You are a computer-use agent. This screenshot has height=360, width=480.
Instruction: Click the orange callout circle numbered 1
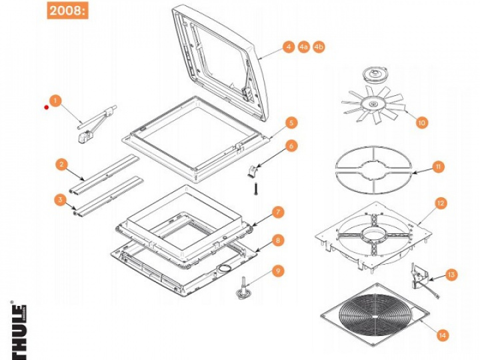click(x=55, y=101)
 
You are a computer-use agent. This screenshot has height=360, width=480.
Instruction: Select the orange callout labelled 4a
click(x=303, y=47)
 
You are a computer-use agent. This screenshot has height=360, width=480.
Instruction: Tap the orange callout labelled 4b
click(x=319, y=47)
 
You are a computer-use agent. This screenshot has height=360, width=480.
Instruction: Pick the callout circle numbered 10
click(x=421, y=123)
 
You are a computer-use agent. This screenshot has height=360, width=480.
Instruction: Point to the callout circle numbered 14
click(x=443, y=335)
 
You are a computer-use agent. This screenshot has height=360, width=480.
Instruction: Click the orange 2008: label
click(x=67, y=11)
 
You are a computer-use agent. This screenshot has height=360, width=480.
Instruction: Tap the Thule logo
click(x=19, y=331)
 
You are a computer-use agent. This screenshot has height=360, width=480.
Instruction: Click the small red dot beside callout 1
click(x=46, y=107)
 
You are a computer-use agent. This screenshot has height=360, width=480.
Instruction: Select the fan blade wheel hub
click(x=373, y=105)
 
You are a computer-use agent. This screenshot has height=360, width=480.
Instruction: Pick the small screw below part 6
click(x=255, y=188)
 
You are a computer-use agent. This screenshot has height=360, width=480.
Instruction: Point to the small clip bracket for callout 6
click(x=252, y=171)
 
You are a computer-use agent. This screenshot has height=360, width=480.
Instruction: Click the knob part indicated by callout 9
click(x=244, y=289)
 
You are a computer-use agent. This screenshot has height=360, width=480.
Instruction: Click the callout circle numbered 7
click(x=277, y=212)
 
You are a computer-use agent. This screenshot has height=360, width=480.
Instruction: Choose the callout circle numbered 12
click(x=441, y=203)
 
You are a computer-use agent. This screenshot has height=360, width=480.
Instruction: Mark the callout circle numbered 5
click(x=291, y=123)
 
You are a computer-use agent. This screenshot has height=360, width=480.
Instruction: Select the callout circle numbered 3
click(x=60, y=200)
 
